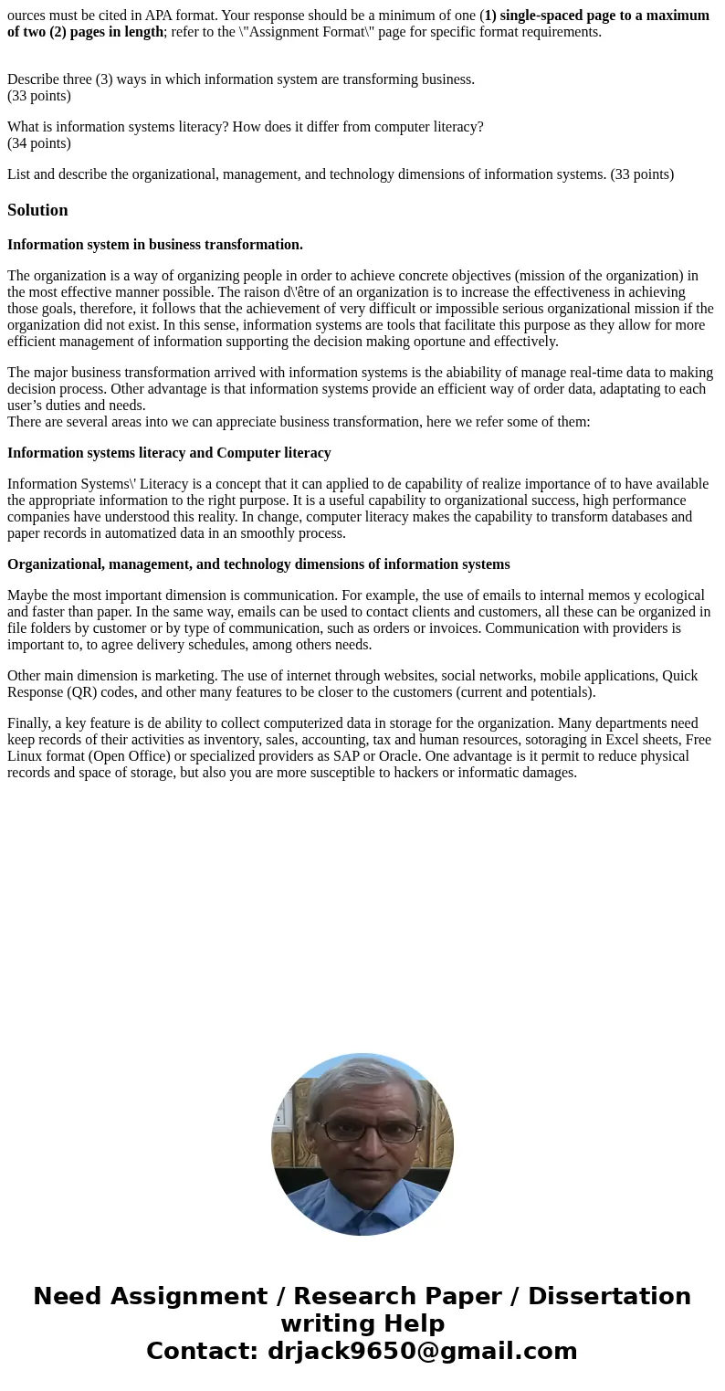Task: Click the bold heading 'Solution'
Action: (x=37, y=210)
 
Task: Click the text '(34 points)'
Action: (x=39, y=142)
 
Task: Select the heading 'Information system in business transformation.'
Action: (x=155, y=245)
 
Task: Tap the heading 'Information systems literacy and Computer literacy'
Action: (x=169, y=453)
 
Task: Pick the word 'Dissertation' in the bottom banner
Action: (x=609, y=1296)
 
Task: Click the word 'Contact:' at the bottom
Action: (x=202, y=1351)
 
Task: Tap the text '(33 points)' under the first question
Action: (x=39, y=95)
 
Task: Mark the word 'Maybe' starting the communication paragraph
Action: (x=27, y=595)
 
